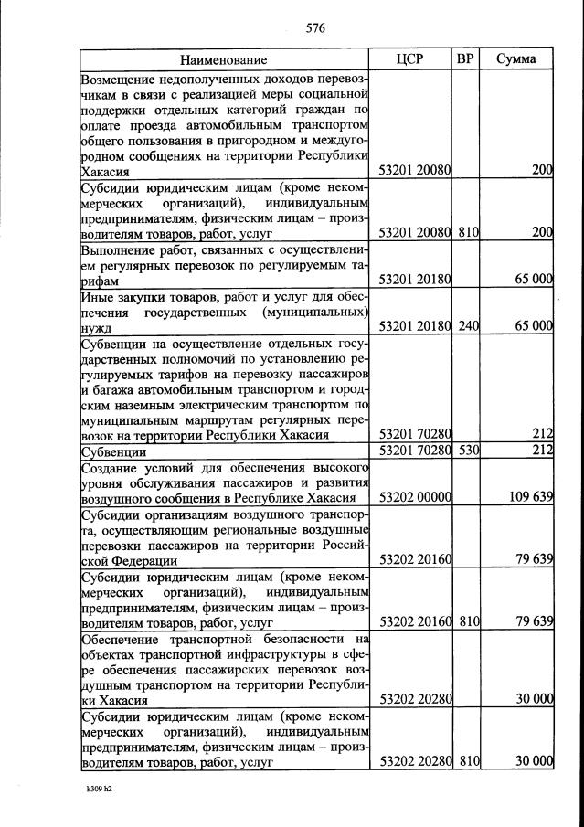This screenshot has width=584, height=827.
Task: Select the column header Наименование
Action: point(224,60)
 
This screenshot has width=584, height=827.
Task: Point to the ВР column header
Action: point(465,59)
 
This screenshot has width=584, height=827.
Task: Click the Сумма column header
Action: point(516,59)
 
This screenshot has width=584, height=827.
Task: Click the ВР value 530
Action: point(468,451)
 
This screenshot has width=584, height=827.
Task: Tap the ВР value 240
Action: point(468,325)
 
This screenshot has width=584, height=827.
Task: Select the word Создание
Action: point(111,466)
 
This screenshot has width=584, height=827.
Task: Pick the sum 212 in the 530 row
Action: point(543,451)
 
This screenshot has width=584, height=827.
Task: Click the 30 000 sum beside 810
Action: point(533,761)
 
